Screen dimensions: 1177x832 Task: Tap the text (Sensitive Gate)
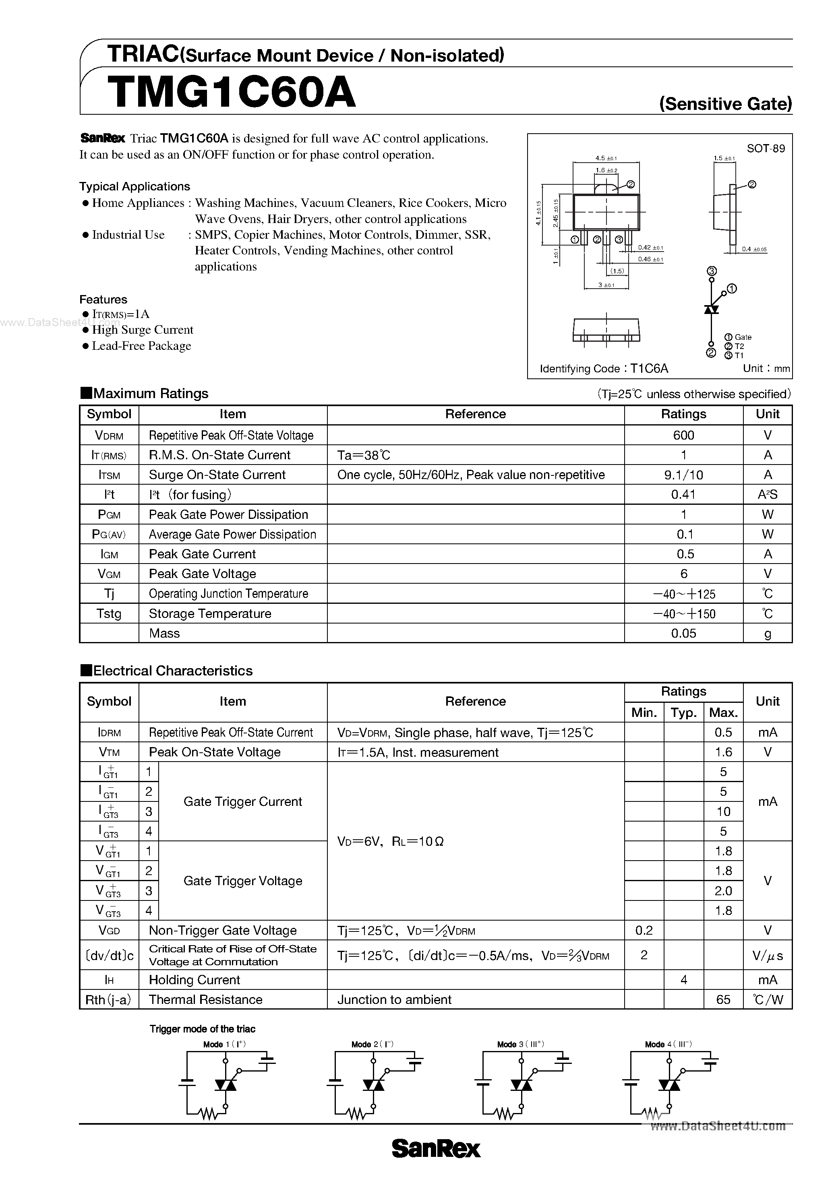pos(725,104)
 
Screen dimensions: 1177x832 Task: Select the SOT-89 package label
pos(765,149)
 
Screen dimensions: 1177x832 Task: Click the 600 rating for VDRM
pos(683,435)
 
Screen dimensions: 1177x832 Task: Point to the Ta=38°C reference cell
pos(364,455)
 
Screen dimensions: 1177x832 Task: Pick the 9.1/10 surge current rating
pos(683,475)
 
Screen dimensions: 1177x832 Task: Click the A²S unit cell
pos(768,495)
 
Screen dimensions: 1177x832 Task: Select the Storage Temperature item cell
pos(210,613)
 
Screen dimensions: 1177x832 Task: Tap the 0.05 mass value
pos(683,634)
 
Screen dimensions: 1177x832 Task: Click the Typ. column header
pos(683,712)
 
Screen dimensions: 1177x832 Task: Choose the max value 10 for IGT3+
pos(723,812)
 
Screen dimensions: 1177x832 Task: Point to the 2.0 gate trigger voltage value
pos(723,891)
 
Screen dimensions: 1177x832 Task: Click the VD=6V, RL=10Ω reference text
pos(390,841)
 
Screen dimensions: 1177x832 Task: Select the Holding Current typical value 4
pos(683,980)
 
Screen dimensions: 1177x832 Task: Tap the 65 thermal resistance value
pos(723,999)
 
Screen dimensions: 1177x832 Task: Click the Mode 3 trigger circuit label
pos(520,1044)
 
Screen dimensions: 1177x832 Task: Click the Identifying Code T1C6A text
pos(604,369)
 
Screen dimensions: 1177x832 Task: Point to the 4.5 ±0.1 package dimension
pos(606,159)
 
